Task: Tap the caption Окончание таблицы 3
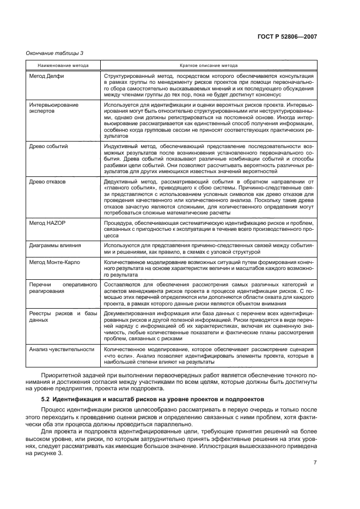pos(52,53)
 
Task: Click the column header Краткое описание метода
pos(210,65)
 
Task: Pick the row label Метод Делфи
pos(46,76)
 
